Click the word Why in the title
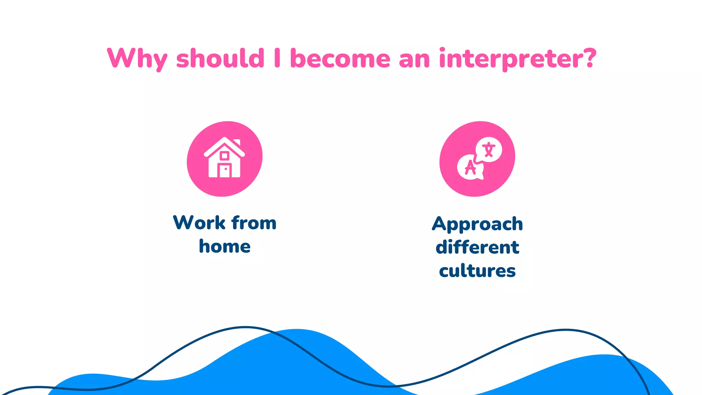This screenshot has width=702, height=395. [x=137, y=59]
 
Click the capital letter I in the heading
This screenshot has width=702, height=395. [x=277, y=58]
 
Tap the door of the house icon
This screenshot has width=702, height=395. [x=225, y=170]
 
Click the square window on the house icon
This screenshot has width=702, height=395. [x=225, y=156]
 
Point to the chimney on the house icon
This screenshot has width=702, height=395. [x=237, y=142]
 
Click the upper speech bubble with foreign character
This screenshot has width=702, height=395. [x=489, y=150]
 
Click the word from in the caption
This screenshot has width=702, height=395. [x=254, y=223]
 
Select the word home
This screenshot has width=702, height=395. [x=225, y=246]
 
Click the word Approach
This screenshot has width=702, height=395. [x=477, y=224]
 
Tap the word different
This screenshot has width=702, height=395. [x=477, y=247]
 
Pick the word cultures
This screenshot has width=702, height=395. [x=477, y=271]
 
